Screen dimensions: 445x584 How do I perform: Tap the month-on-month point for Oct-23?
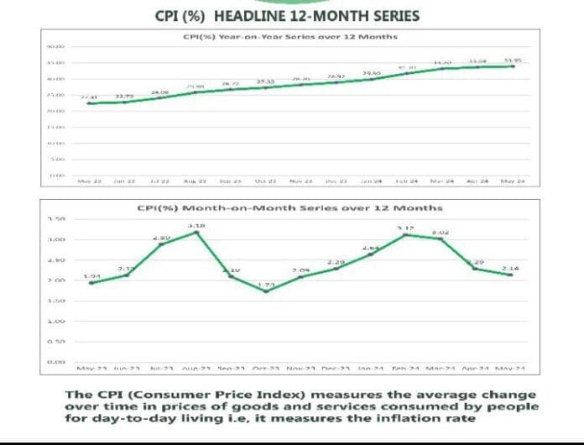266,291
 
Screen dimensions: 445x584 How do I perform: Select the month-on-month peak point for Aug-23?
196,233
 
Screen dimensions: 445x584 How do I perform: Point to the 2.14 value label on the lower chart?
510,268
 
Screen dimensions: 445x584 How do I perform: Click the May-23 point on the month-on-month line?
91,283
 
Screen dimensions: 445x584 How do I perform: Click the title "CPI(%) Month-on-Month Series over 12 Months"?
289,207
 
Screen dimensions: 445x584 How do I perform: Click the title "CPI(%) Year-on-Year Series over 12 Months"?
289,37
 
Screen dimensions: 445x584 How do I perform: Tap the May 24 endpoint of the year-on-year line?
513,66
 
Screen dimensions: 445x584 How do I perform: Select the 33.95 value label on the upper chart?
513,60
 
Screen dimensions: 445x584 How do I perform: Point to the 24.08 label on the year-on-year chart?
159,92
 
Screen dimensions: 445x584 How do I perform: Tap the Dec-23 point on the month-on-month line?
336,268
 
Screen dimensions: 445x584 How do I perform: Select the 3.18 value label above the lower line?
195,226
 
